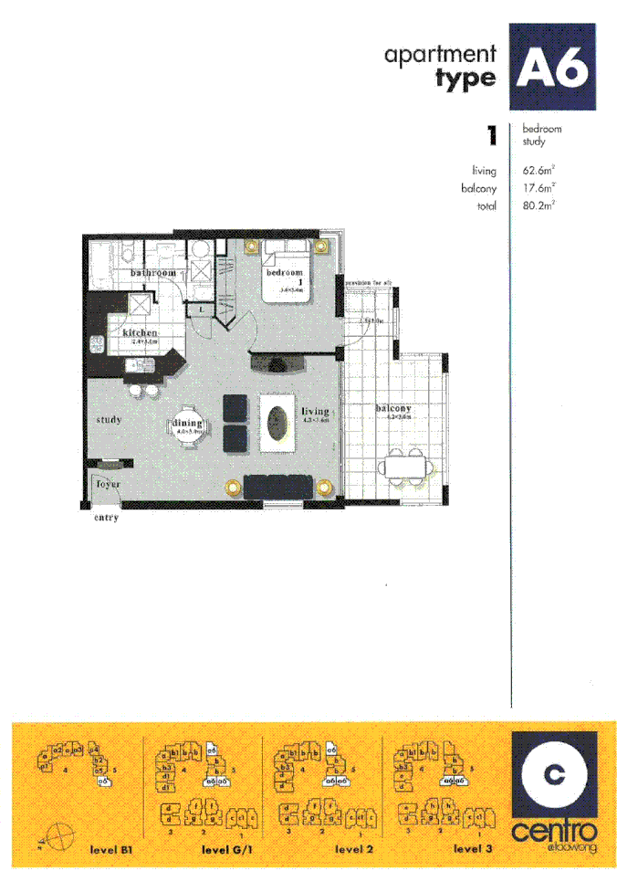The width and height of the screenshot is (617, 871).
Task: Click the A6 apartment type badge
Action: pos(552,67)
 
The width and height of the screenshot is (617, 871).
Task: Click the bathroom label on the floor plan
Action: pos(152,273)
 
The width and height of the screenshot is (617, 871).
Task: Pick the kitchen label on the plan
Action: pos(140,333)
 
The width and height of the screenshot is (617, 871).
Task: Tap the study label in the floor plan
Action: pos(108,420)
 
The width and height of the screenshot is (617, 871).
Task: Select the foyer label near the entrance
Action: pos(109,484)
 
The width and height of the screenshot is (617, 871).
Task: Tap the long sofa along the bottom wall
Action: pos(279,488)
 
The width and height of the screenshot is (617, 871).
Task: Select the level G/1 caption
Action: pos(224,849)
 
